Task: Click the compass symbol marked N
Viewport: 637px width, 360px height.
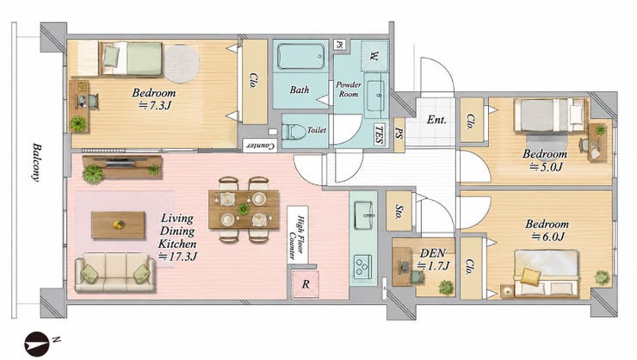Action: coord(37,344)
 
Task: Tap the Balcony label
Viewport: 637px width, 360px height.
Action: coord(37,162)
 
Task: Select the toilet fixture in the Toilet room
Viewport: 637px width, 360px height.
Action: coord(294,131)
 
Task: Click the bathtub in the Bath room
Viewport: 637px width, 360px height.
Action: coord(300,56)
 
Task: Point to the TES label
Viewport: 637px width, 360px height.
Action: coord(379,134)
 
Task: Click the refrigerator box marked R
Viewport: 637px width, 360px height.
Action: coord(306,284)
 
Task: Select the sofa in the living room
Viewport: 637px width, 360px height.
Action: coord(115,272)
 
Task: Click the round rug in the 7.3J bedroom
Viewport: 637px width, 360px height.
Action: coord(181,64)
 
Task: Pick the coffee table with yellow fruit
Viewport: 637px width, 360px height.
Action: coord(118,225)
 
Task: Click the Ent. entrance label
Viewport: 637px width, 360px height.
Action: coord(436,120)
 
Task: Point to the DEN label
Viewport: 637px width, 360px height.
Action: coord(432,253)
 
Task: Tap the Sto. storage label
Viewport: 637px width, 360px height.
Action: coord(399,210)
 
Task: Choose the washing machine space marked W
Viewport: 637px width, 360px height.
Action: coord(374,56)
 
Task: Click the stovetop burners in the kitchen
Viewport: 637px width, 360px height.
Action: coord(362,267)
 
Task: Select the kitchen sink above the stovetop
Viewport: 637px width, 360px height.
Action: coord(364,215)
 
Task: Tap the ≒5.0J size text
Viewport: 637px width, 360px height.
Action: coord(547,167)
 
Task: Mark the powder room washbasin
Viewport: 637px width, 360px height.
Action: coord(376,96)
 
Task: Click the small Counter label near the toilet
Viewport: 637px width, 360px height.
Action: coord(260,146)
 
